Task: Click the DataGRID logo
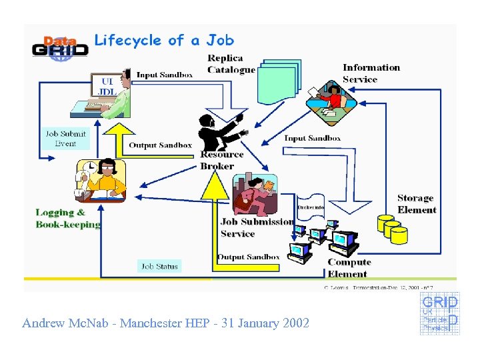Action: (60, 49)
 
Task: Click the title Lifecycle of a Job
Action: (164, 41)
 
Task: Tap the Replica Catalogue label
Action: (231, 64)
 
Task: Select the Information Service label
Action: (371, 73)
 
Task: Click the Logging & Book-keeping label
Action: (67, 219)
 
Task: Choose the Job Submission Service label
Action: (257, 227)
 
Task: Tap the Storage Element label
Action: (417, 204)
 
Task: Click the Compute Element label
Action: (349, 268)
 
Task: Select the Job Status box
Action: (159, 266)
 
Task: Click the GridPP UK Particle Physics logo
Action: (439, 315)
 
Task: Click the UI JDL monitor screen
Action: (106, 86)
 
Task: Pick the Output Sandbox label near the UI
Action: (160, 145)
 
